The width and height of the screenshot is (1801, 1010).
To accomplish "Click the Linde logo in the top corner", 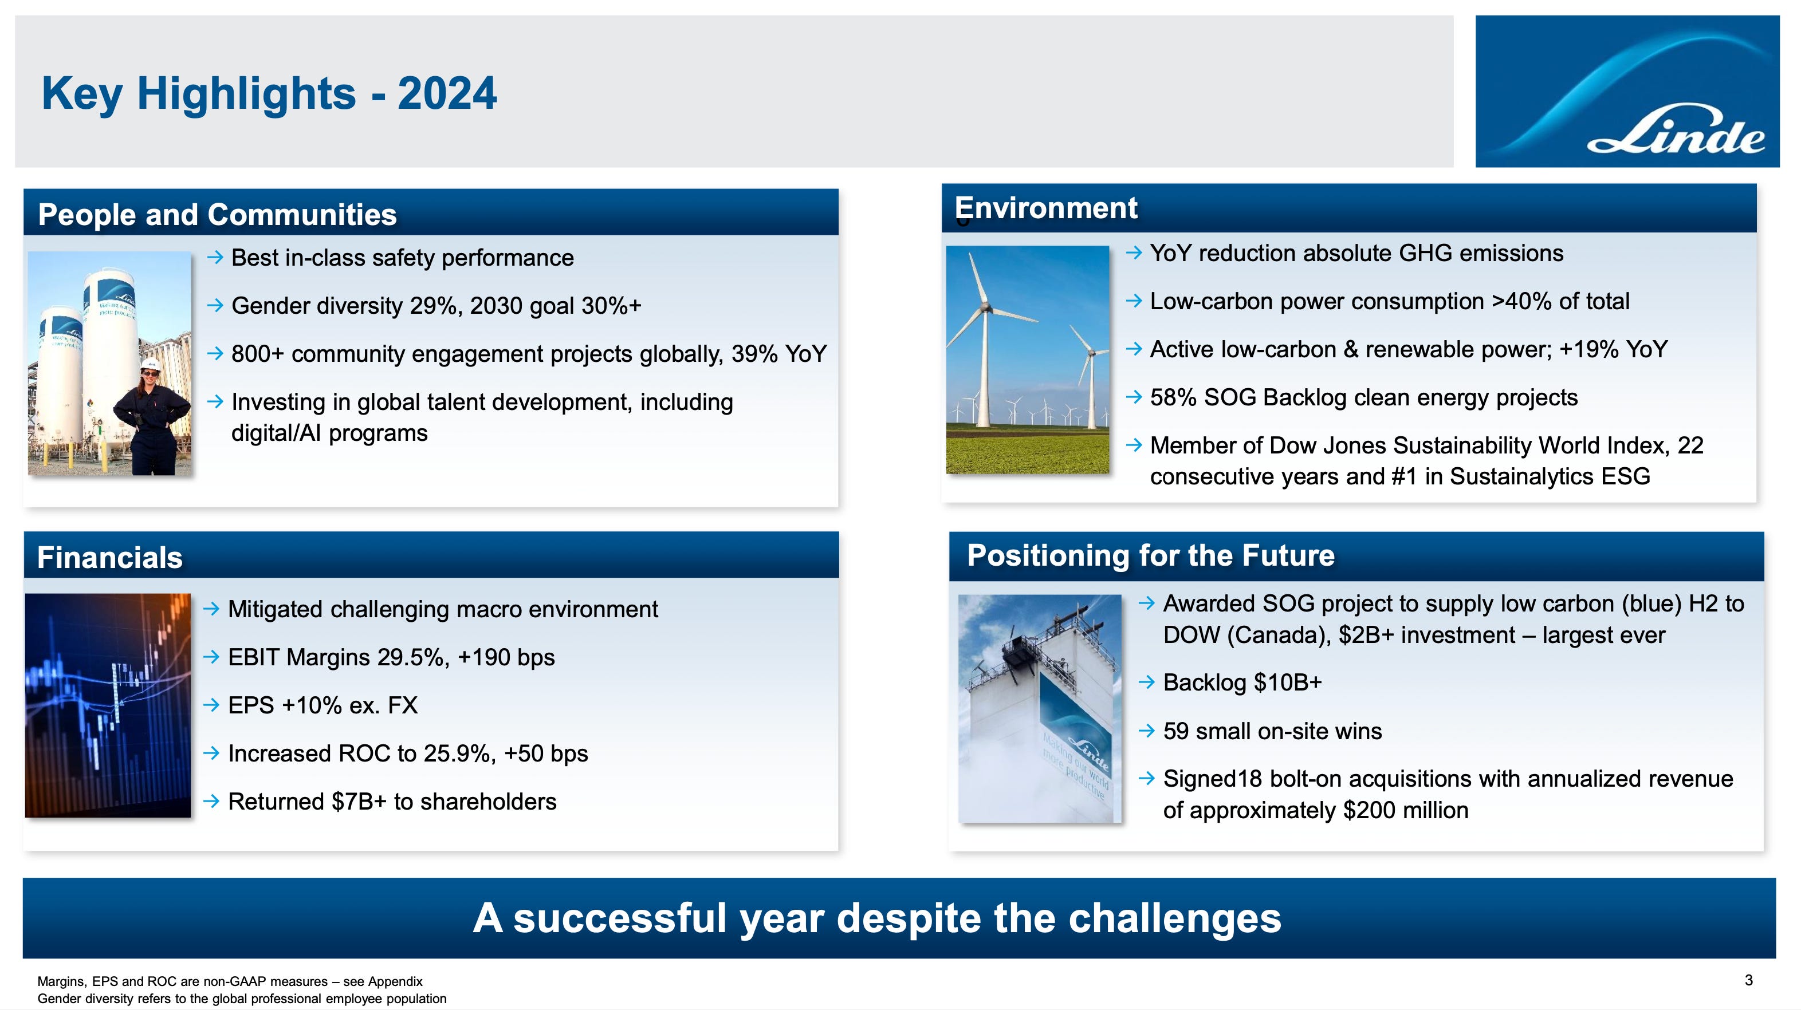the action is click(1627, 91).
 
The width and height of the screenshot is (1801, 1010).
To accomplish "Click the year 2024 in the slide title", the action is click(447, 94).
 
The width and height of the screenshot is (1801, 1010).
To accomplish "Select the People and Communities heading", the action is click(218, 215).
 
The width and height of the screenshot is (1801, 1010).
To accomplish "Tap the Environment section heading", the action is click(1046, 208).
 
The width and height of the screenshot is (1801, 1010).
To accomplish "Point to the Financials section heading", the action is click(110, 558).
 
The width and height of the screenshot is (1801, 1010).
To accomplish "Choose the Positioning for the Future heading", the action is click(1151, 556).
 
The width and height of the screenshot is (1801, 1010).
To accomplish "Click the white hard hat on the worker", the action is click(150, 364).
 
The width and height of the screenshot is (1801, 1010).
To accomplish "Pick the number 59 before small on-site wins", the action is click(1176, 731).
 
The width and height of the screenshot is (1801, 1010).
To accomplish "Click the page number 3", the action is click(1748, 980).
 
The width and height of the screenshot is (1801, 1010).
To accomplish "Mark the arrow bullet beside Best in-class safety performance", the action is click(215, 258).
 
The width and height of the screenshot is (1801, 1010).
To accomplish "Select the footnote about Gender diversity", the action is click(242, 999).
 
